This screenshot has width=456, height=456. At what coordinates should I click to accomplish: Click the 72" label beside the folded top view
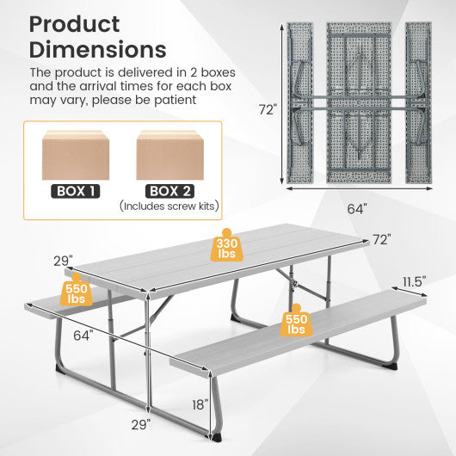point(268,109)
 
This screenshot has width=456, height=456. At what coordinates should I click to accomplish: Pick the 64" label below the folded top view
point(358,207)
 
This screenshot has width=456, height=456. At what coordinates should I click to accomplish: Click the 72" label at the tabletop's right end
point(381,239)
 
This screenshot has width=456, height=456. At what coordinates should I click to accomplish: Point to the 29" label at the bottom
point(142,423)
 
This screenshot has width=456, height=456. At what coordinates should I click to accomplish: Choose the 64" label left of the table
point(83,335)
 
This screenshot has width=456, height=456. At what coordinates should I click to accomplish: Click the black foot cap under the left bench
point(61,368)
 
